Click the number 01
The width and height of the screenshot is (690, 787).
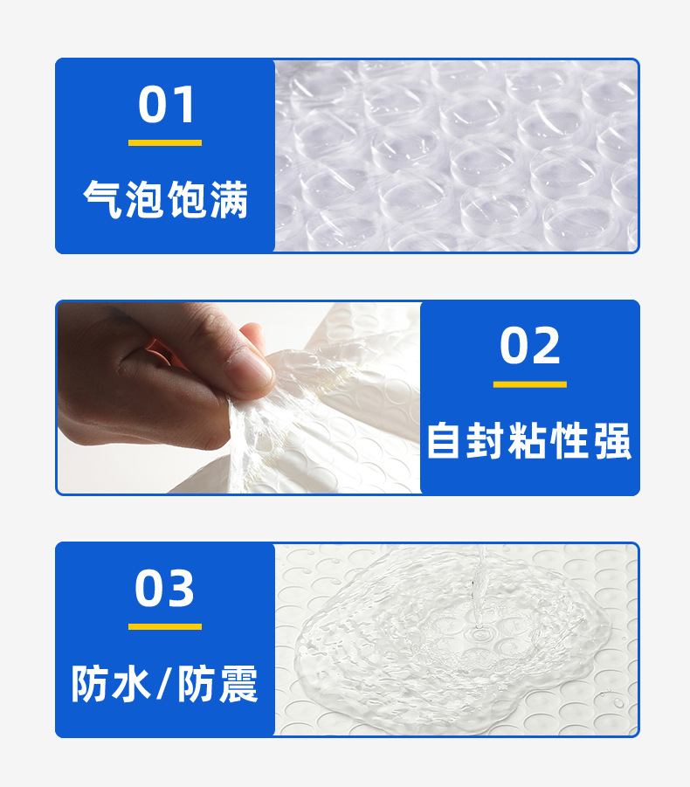166,105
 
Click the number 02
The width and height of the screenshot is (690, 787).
530,346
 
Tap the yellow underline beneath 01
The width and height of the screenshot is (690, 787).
165,142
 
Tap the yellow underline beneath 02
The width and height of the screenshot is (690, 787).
530,384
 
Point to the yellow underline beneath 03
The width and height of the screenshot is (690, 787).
165,626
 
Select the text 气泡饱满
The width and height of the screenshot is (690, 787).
166,200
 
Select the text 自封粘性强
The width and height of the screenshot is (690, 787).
529,441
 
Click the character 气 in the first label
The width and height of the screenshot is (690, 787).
103,200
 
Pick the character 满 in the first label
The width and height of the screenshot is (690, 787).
229,200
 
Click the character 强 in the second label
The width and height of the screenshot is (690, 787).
612,441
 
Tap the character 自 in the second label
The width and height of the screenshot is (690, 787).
445,441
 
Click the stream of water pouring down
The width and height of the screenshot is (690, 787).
478,576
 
